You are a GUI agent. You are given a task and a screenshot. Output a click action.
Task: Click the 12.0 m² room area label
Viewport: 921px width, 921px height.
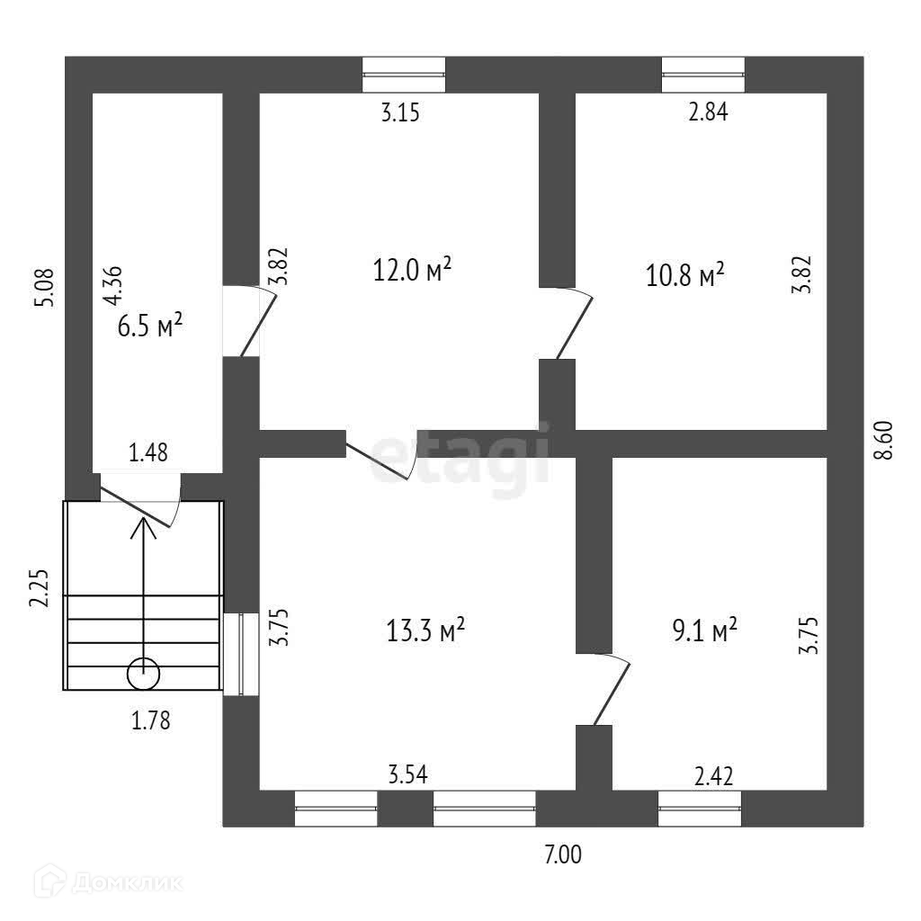412,269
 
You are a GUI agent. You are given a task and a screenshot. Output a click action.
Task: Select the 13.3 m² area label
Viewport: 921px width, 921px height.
425,629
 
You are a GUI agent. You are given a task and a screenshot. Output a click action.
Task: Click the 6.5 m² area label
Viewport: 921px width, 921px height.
150,325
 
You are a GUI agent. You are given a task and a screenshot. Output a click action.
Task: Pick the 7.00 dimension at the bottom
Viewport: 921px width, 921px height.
563,855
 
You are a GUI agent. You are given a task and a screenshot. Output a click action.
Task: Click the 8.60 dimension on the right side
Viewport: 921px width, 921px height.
888,441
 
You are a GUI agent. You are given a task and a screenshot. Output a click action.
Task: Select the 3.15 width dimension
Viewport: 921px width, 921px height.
400,112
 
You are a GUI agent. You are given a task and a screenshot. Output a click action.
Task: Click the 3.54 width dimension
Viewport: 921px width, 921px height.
407,773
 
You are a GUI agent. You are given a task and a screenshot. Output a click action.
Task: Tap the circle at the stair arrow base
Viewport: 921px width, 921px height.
143,672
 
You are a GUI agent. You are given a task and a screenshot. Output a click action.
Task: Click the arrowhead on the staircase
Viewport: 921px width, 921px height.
143,525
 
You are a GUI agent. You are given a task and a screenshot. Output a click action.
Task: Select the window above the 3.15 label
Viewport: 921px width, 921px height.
404,75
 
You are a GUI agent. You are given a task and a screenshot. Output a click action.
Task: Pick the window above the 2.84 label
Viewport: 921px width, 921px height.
703,75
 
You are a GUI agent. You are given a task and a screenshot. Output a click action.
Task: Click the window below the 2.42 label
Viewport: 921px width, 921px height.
700,808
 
